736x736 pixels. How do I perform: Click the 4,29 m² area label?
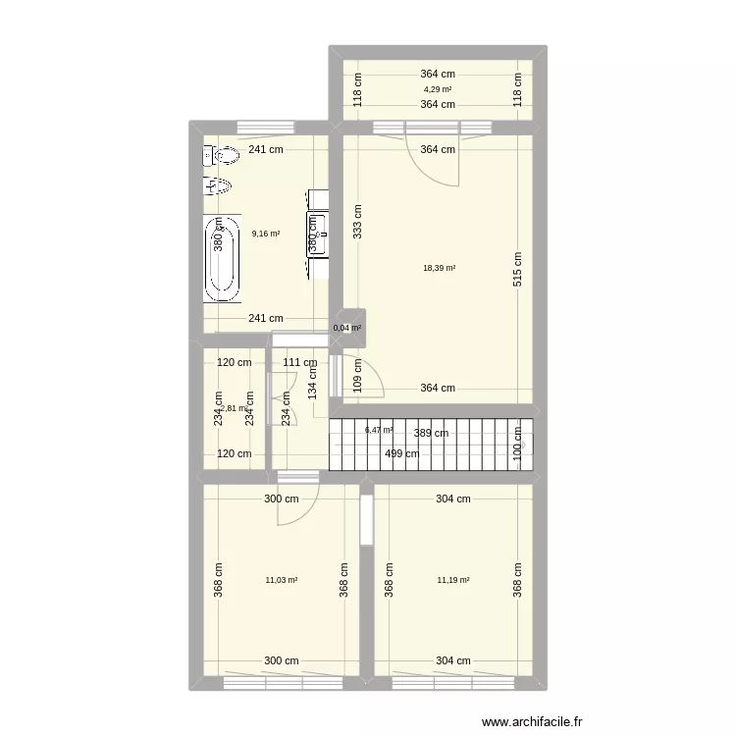[x=438, y=89]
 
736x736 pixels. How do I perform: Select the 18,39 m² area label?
[x=438, y=268]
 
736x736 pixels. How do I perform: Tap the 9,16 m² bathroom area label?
[x=266, y=234]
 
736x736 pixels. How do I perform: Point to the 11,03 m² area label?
[x=281, y=580]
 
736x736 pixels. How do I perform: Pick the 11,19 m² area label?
[x=453, y=580]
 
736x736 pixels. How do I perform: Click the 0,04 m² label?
[x=347, y=329]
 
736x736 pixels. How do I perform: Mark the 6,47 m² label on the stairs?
[x=379, y=430]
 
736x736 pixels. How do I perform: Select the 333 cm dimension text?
[x=358, y=223]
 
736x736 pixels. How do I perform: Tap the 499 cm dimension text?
[x=401, y=453]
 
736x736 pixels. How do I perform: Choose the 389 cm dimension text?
[x=430, y=433]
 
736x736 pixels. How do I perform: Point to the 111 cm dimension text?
[x=299, y=363]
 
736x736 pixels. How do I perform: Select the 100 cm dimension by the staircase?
[x=517, y=440]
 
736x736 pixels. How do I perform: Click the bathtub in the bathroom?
[x=221, y=259]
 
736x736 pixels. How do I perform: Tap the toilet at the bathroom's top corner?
[x=225, y=155]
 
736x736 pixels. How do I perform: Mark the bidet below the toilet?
[x=221, y=186]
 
